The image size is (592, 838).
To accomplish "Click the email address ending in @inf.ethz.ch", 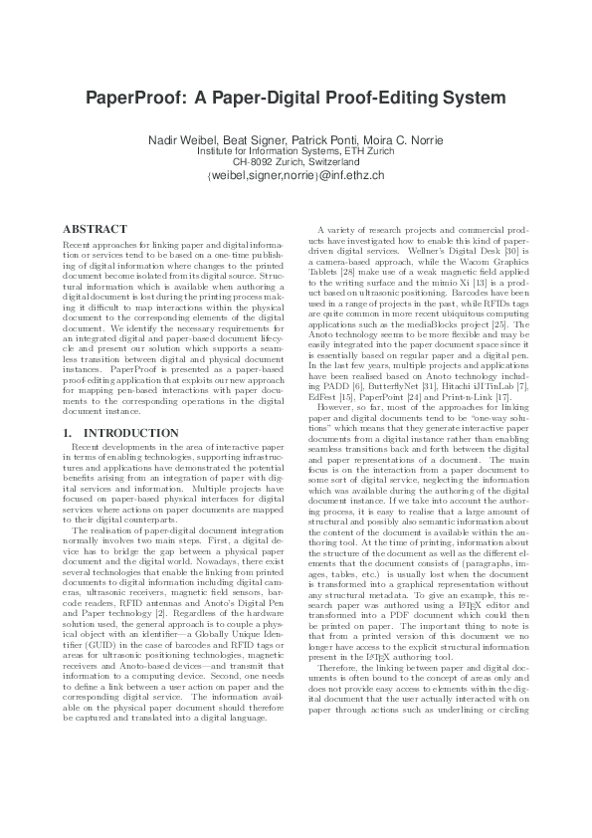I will [x=296, y=174].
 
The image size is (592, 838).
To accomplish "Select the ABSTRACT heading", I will [x=95, y=228].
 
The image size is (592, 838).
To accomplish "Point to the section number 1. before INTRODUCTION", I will [x=68, y=433].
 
